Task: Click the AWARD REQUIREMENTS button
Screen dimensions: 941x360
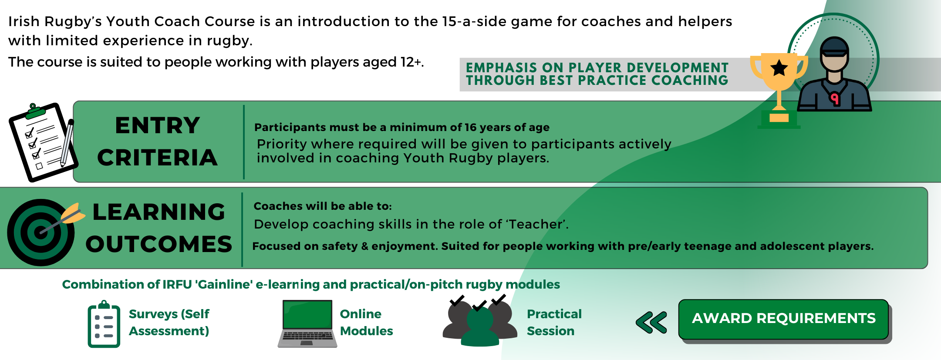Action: coord(783,319)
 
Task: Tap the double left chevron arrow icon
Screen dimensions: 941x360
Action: coord(651,323)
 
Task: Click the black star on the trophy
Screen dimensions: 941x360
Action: coord(779,68)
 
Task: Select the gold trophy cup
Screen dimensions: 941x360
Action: coord(779,87)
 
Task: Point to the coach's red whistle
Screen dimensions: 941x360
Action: coord(834,99)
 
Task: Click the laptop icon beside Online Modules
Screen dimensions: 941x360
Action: coord(307,323)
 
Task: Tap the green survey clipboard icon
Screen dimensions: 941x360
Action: coord(104,324)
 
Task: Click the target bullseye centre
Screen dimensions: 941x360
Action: coord(40,232)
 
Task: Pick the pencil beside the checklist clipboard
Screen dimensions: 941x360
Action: coord(67,143)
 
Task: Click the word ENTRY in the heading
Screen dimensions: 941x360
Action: coord(158,125)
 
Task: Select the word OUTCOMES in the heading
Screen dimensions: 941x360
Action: coord(159,244)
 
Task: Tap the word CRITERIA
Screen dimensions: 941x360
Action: coord(157,157)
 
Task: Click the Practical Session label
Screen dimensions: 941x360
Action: coord(554,322)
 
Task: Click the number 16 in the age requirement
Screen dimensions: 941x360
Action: coord(470,127)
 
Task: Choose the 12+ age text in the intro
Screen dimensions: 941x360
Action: coord(411,62)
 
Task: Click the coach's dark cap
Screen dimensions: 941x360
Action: coord(834,46)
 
